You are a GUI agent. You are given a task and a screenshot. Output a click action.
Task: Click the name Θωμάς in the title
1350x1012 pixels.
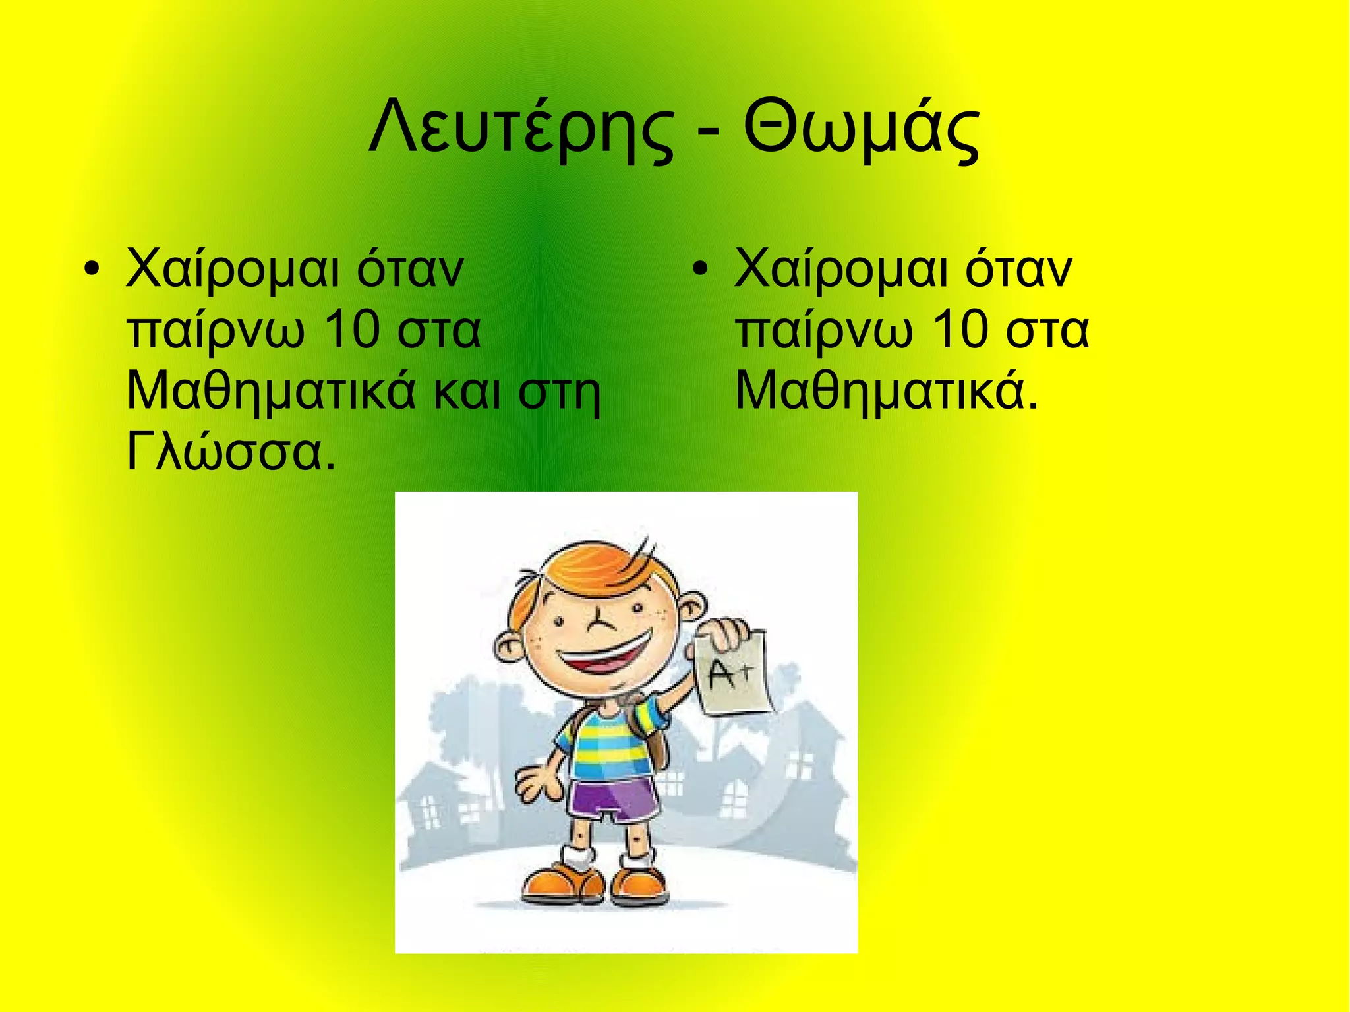tap(861, 129)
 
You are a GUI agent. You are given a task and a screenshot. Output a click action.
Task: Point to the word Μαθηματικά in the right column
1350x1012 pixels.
tap(887, 392)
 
